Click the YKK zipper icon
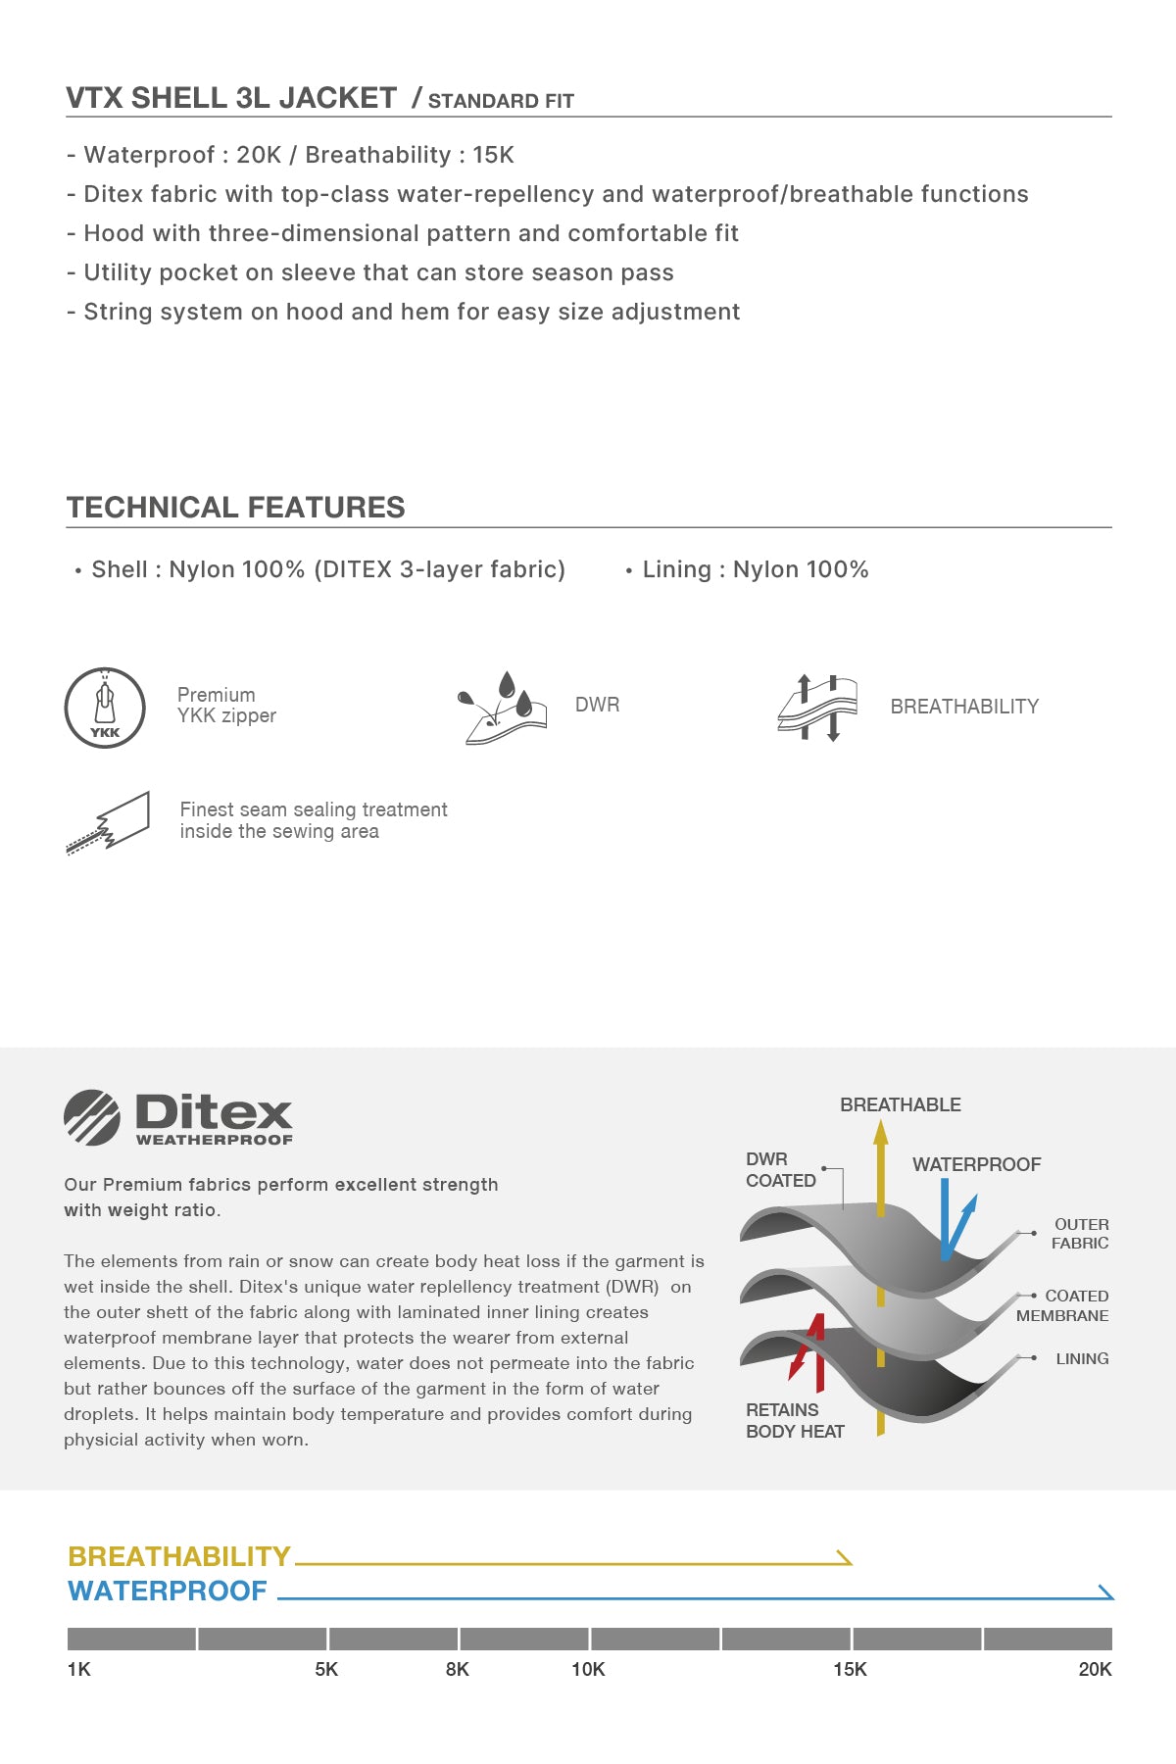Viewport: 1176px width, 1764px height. click(x=105, y=708)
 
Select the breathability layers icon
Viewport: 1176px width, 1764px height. click(x=817, y=708)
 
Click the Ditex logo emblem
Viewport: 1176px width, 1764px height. click(x=92, y=1117)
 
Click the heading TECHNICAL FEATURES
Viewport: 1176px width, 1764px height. click(x=235, y=508)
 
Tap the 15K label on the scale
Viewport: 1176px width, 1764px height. click(x=850, y=1669)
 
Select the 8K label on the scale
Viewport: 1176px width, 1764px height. click(x=457, y=1669)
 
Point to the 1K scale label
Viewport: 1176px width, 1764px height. click(x=79, y=1669)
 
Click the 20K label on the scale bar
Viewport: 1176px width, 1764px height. click(x=1095, y=1669)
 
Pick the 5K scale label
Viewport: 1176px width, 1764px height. click(x=326, y=1669)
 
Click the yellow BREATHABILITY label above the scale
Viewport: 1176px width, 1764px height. click(x=179, y=1556)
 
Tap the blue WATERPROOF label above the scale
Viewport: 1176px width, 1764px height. click(x=168, y=1591)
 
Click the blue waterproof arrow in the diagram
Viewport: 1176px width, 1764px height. click(x=953, y=1220)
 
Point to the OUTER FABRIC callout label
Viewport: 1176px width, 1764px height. click(x=1080, y=1234)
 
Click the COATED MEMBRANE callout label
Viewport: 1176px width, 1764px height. click(x=1063, y=1305)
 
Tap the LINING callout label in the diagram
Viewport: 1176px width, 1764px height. click(x=1082, y=1358)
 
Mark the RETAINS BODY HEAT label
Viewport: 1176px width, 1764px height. click(x=795, y=1420)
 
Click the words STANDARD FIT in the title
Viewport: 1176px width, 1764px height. click(x=501, y=101)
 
